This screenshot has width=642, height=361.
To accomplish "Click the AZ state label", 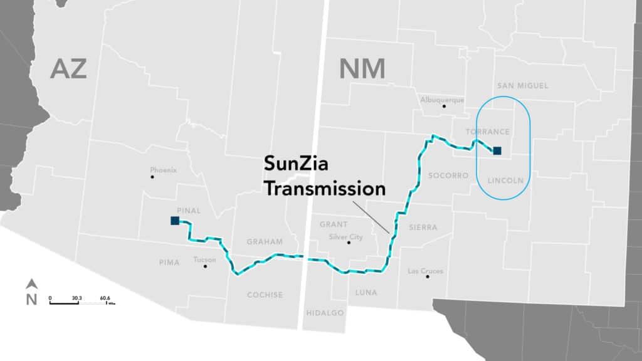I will point(68,68).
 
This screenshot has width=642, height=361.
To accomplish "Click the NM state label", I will point(362,68).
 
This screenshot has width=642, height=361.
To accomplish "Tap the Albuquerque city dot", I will point(444,106).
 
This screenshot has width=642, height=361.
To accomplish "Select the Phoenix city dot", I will point(152,177).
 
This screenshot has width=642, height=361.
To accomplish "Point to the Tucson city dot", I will point(205,266).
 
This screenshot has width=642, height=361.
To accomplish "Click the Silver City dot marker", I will point(349,243).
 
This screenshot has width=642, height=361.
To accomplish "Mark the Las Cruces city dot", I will point(428,276).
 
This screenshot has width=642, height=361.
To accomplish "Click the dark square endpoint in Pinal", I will point(174,221).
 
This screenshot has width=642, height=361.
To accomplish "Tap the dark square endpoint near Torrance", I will point(497,150).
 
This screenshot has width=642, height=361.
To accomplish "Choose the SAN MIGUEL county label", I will point(522,85).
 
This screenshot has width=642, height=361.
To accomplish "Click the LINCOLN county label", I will point(505,180).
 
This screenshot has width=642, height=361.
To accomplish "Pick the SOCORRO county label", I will point(448,176).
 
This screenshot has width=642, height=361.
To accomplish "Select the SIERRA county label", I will point(423,227).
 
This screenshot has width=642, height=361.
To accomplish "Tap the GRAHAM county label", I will point(264,241).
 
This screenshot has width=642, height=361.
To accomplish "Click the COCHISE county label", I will point(265,295).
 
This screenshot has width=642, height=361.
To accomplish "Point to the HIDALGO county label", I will point(325,312).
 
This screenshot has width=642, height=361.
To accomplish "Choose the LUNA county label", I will point(366,292).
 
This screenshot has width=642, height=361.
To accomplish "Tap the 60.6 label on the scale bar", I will point(104,298).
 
